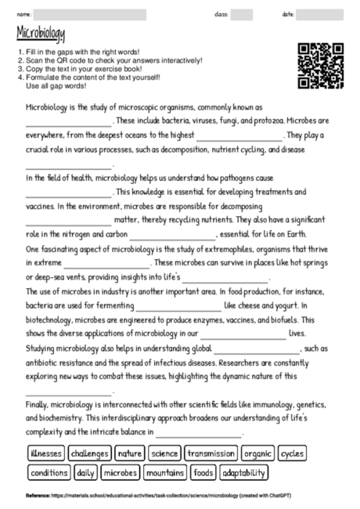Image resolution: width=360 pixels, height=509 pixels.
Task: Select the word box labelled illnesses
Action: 45,453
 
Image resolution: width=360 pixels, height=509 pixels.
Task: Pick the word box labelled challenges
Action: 91,453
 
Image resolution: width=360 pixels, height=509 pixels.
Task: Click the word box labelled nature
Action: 130,453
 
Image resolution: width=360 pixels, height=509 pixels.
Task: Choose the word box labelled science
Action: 164,453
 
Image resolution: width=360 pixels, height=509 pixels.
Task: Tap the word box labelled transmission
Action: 211,453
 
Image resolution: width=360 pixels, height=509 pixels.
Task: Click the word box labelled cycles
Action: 293,453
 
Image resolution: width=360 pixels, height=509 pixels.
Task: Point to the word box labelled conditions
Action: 49,473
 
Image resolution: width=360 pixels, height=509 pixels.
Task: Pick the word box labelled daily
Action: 86,473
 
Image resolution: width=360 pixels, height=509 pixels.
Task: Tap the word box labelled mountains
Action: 165,473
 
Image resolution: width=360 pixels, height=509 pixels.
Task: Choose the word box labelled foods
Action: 203,473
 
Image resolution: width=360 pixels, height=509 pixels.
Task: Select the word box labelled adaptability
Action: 244,473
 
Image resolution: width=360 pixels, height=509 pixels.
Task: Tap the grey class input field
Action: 242,14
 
